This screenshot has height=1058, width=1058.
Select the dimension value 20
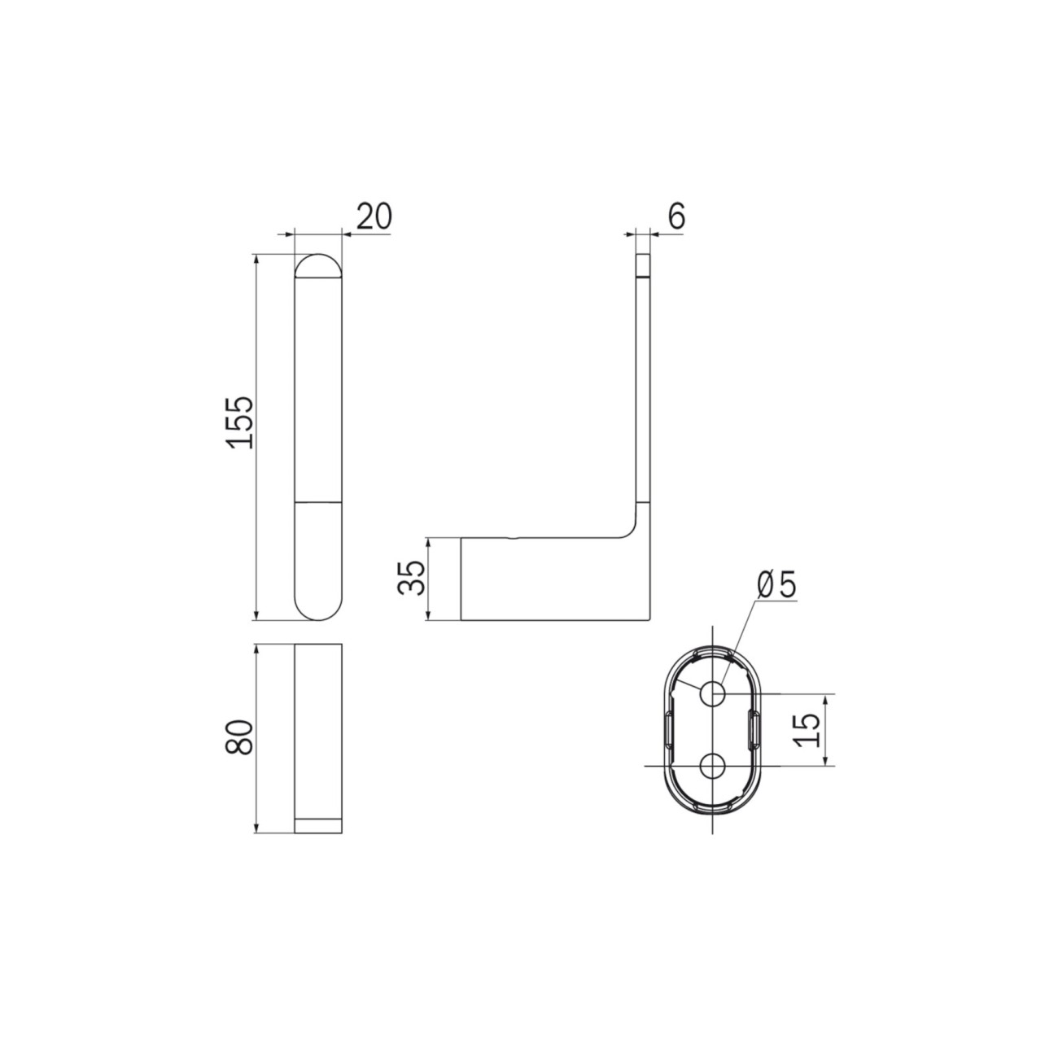(x=374, y=216)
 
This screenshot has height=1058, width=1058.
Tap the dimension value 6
(x=677, y=216)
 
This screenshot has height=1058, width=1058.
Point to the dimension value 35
(x=411, y=579)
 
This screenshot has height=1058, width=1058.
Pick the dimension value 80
(x=239, y=737)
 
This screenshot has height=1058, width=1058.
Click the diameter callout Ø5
(x=776, y=587)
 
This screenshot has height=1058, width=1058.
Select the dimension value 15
(x=807, y=730)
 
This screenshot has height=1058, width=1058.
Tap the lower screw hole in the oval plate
(x=712, y=765)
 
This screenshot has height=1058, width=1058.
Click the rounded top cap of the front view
(x=318, y=266)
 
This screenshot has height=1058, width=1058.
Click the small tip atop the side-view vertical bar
(x=644, y=266)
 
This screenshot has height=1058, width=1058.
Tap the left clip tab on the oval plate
(x=668, y=730)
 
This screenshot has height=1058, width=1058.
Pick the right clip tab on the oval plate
(x=755, y=730)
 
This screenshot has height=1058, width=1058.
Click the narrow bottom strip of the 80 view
(x=318, y=842)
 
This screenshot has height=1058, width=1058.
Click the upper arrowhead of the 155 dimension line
(x=256, y=260)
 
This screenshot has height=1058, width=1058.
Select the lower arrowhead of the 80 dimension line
(x=256, y=842)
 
